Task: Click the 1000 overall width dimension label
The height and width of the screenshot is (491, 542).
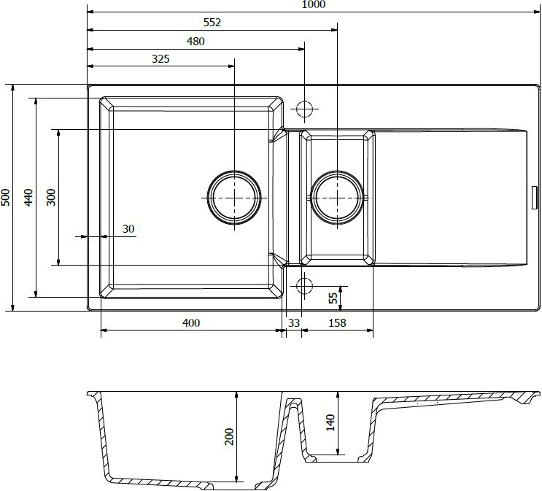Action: pos(314,4)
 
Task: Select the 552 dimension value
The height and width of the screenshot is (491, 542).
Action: pos(212,23)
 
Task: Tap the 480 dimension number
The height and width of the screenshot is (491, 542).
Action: pos(195,42)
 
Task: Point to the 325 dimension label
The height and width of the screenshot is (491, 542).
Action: pos(160,59)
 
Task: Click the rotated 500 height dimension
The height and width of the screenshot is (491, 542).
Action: pos(6,198)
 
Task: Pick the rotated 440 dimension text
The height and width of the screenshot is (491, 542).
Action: pos(28,198)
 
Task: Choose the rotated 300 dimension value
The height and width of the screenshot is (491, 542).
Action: pos(51,198)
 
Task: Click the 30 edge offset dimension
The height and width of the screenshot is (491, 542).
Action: pos(128,229)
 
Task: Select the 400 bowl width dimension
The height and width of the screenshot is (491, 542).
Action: pos(191,323)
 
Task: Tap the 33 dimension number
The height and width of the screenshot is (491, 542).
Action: pos(294,323)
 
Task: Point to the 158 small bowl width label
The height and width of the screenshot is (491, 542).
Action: pos(337,323)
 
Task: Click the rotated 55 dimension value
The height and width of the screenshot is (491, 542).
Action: pos(333,298)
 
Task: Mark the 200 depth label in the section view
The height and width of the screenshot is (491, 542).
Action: pos(229,437)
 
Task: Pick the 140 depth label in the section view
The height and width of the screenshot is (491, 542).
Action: pos(330,422)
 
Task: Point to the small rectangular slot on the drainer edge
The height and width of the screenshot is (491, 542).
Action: pos(535,198)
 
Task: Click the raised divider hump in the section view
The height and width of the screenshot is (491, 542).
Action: pos(293,401)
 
